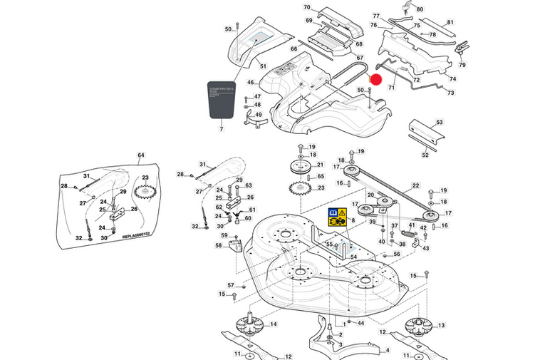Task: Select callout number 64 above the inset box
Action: [x=141, y=155]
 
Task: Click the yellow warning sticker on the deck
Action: [x=337, y=217]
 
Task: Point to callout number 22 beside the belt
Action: [x=415, y=186]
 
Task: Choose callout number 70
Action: [x=307, y=8]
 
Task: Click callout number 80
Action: [x=420, y=9]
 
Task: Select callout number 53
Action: [x=440, y=123]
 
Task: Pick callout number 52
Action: [x=425, y=155]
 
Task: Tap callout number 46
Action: [x=251, y=83]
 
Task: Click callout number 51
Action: [x=263, y=66]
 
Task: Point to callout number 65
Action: [x=321, y=177]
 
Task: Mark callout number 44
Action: [x=361, y=324]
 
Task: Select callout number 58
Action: [x=218, y=245]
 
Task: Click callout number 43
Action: [x=427, y=249]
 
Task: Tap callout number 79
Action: [x=462, y=66]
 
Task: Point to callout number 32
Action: [x=195, y=227]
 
